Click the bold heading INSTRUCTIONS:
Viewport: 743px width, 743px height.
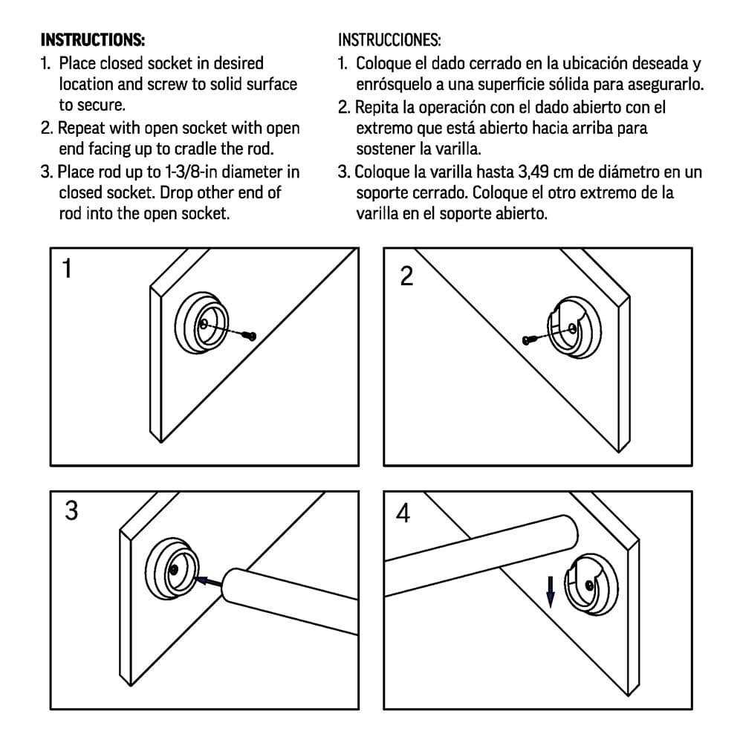pos(92,39)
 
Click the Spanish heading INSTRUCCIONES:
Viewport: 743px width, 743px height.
pos(389,39)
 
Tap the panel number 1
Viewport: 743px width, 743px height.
pos(68,269)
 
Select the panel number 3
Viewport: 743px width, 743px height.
pos(71,511)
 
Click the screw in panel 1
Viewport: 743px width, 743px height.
pos(252,337)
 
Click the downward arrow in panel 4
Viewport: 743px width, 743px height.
pos(551,591)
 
